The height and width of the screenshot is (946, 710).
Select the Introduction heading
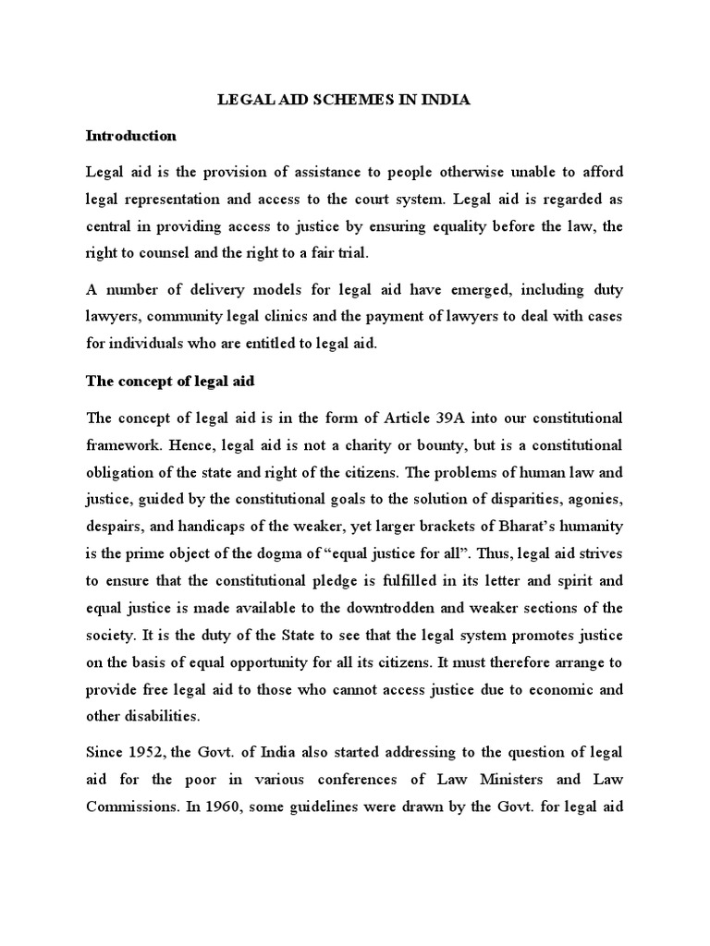pos(130,136)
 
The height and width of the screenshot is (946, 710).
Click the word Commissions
pos(130,805)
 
